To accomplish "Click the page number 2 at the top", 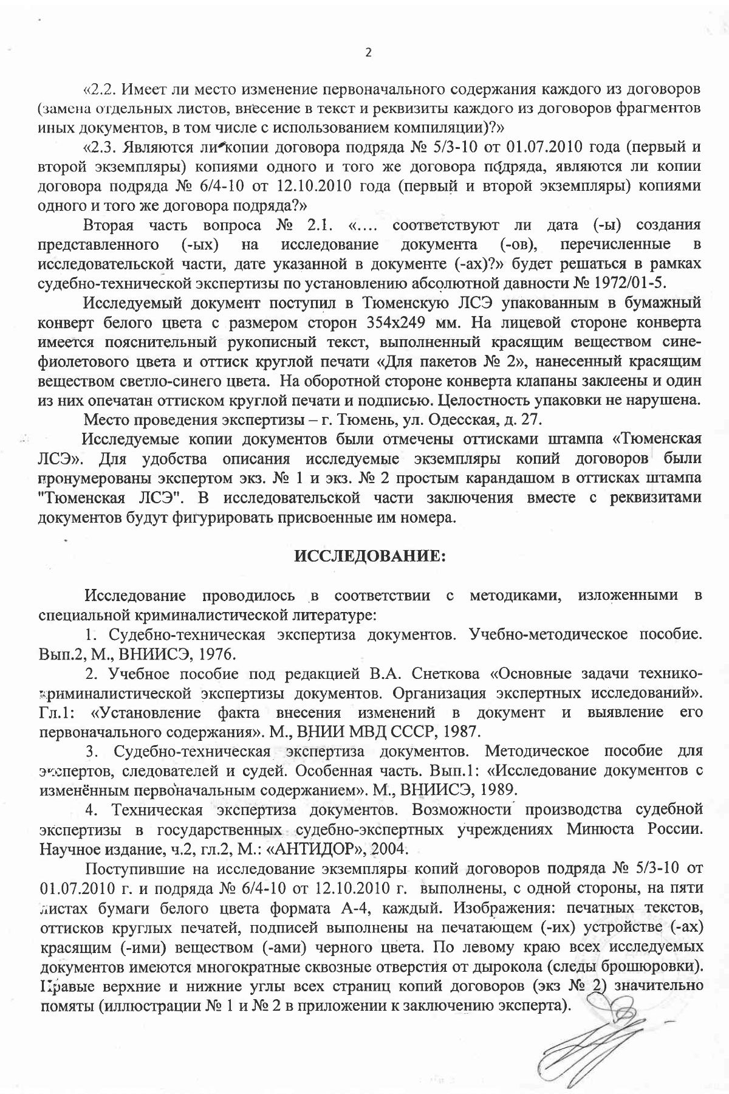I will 367,52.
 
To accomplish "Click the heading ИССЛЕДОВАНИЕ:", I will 371,557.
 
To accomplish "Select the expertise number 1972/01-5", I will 655,283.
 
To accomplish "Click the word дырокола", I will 577,966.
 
